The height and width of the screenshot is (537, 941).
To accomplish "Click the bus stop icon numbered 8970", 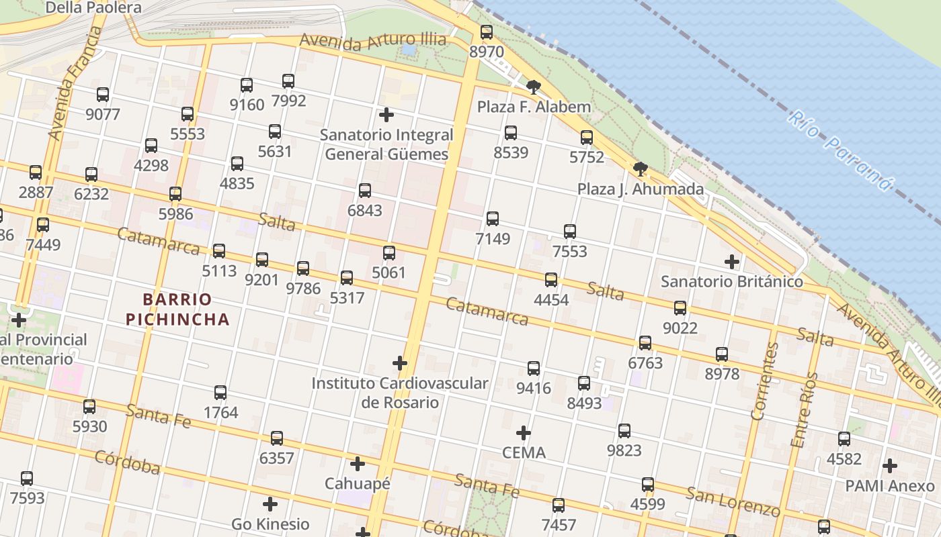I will (487, 32).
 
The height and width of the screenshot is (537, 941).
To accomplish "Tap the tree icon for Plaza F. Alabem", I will (534, 87).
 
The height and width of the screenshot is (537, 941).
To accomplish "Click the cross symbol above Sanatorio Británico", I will (732, 261).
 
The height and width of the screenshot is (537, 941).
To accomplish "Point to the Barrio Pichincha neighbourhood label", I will (177, 309).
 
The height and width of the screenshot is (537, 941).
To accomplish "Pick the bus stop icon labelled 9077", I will (103, 95).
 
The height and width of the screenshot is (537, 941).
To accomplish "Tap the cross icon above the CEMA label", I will (524, 432).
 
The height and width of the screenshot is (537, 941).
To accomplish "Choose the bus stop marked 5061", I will (389, 253).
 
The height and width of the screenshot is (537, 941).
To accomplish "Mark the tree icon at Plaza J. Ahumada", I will (641, 168).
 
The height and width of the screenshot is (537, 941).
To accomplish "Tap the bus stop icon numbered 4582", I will (844, 439).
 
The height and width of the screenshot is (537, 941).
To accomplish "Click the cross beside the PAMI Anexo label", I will (890, 465).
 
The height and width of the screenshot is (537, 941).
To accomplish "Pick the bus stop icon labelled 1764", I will (220, 393).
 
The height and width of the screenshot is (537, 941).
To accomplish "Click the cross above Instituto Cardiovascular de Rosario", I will (400, 363).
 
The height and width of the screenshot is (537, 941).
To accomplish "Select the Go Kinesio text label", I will (270, 524).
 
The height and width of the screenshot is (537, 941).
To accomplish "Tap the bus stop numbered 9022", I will (680, 308).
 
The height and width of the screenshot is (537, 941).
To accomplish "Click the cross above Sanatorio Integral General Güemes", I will (386, 114).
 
